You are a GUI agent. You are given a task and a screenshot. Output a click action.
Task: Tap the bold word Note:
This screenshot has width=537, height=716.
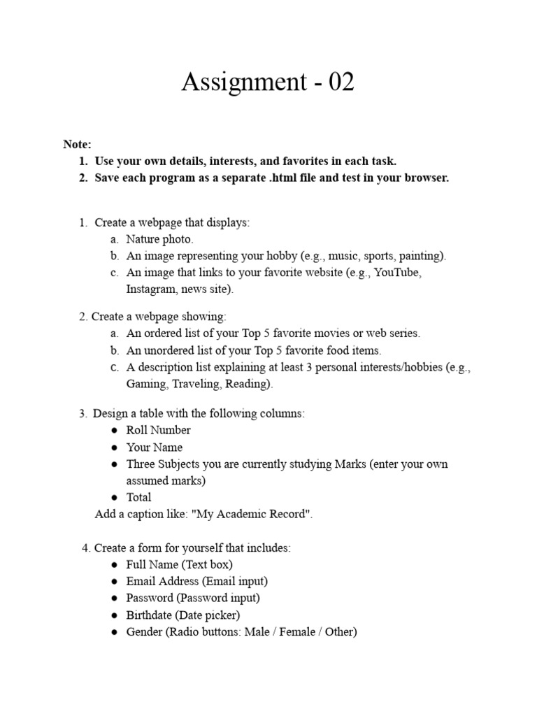[77, 145]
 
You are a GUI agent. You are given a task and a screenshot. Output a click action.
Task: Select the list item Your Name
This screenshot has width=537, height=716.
[154, 447]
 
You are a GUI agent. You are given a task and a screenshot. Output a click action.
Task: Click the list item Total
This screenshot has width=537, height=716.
[138, 498]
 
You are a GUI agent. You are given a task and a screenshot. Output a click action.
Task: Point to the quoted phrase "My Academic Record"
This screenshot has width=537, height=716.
[252, 515]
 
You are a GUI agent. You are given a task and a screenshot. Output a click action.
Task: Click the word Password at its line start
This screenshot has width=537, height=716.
[149, 598]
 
